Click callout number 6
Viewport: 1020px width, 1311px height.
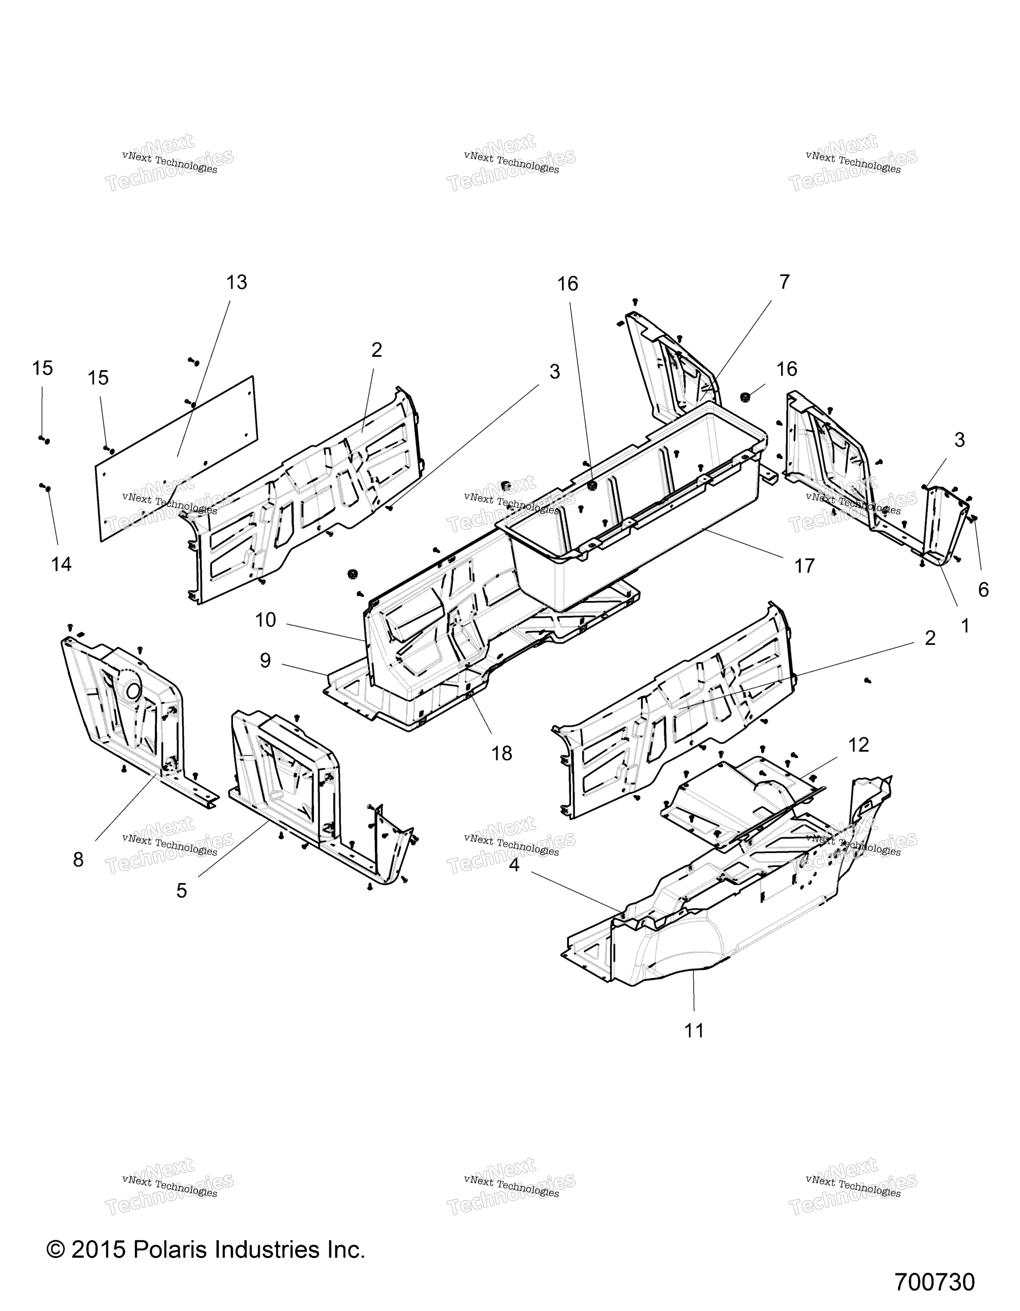pos(983,590)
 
